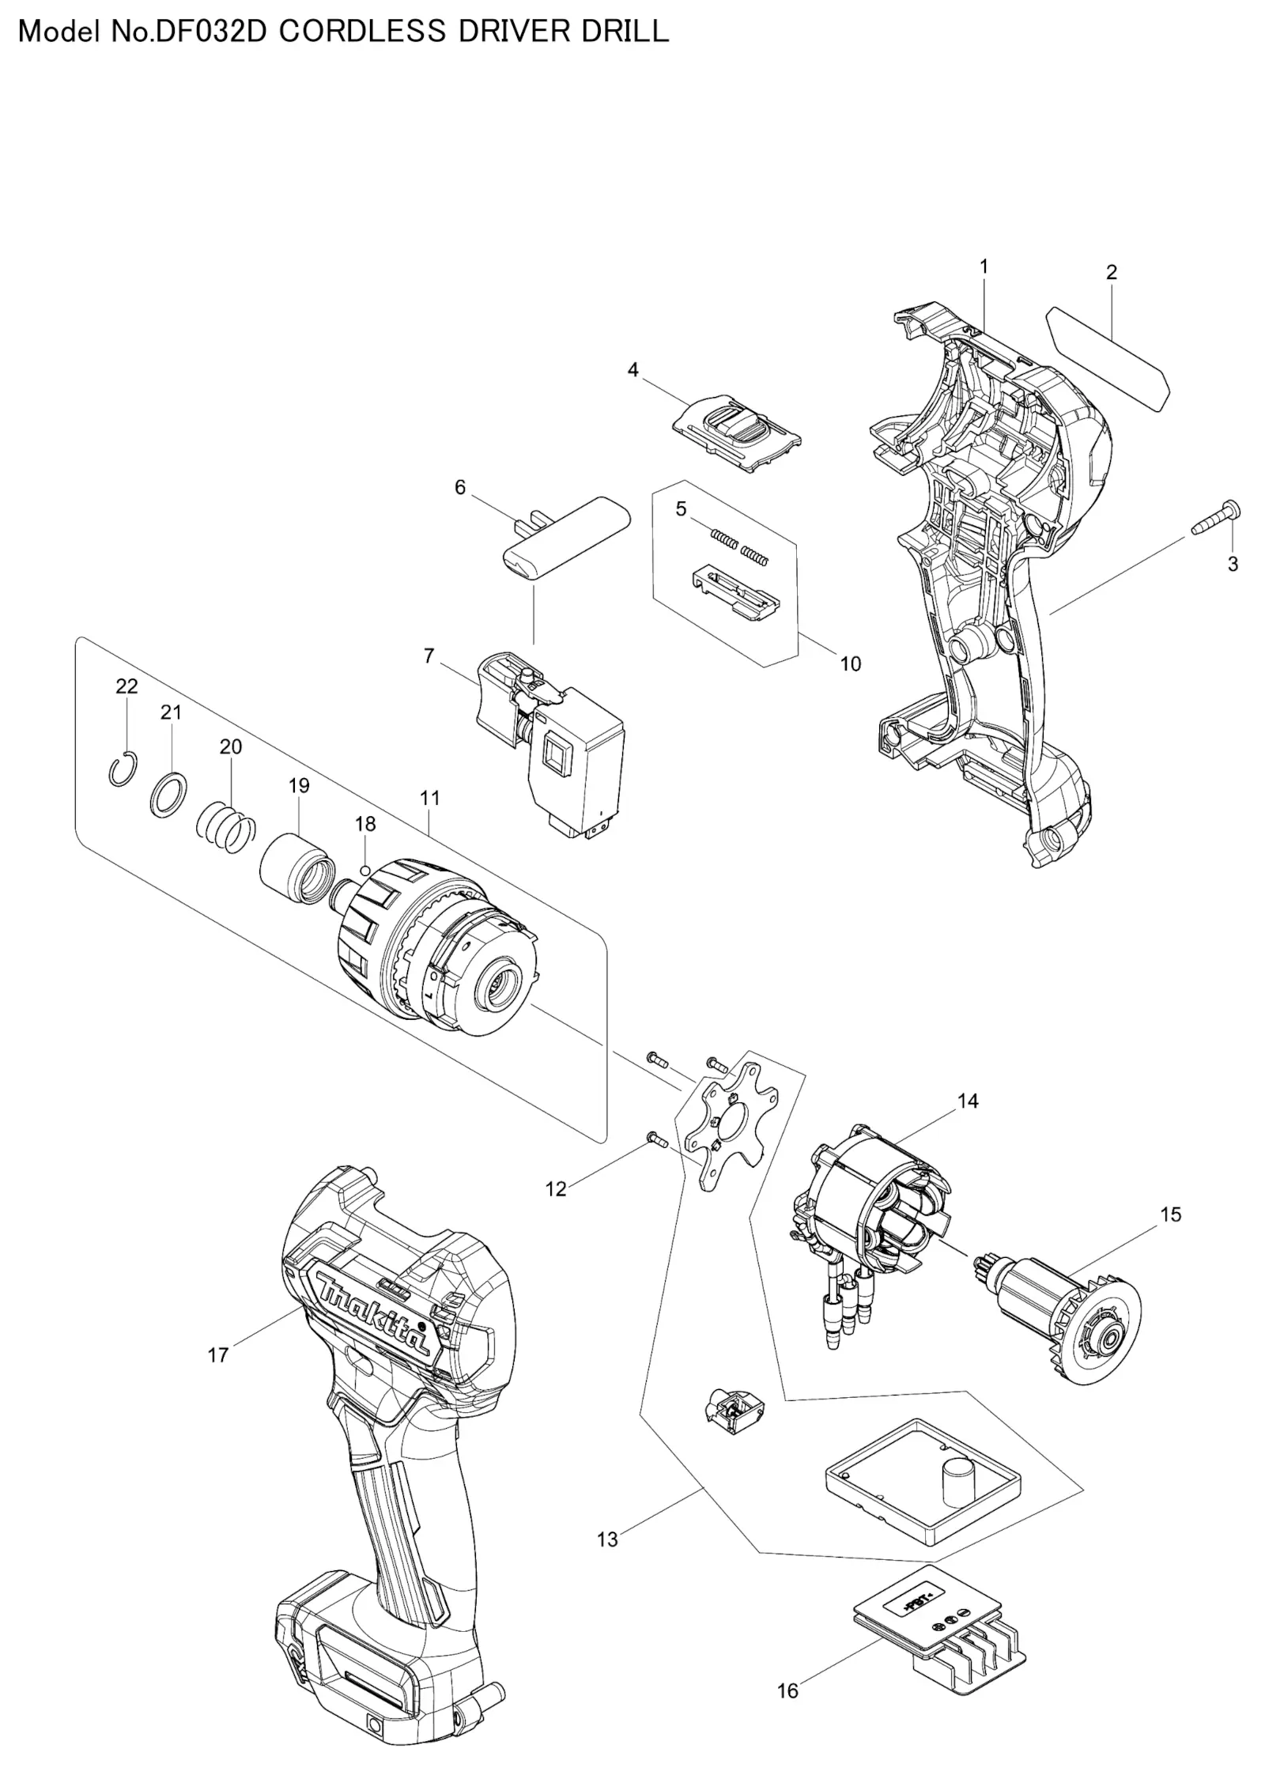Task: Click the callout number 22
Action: click(x=126, y=686)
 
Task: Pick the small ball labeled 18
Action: click(x=364, y=871)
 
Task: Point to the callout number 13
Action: click(x=607, y=1539)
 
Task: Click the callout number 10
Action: click(x=850, y=663)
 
